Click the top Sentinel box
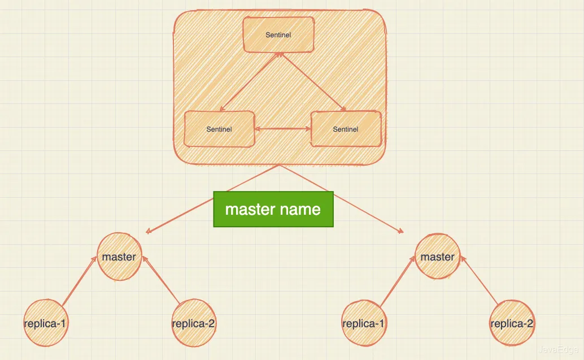(x=278, y=35)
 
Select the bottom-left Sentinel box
(x=219, y=129)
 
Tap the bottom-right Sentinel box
(x=346, y=129)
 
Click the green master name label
(x=273, y=210)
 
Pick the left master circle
(x=119, y=257)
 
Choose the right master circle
(x=437, y=257)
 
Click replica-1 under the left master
(x=46, y=324)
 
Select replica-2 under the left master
(x=194, y=324)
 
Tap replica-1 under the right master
(x=364, y=324)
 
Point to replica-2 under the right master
(x=512, y=324)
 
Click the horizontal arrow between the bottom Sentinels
(x=282, y=129)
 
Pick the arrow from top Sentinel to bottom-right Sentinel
(x=311, y=81)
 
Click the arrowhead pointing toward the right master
(x=400, y=231)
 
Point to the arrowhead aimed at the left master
(x=149, y=231)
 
